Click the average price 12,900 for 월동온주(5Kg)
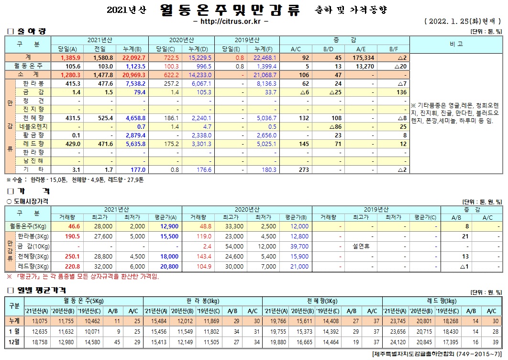coord(170,226)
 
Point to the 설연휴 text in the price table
coord(362,246)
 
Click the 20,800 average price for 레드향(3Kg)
coord(170,266)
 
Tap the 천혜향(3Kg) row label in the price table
coord(33,256)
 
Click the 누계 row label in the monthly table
coord(14,320)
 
